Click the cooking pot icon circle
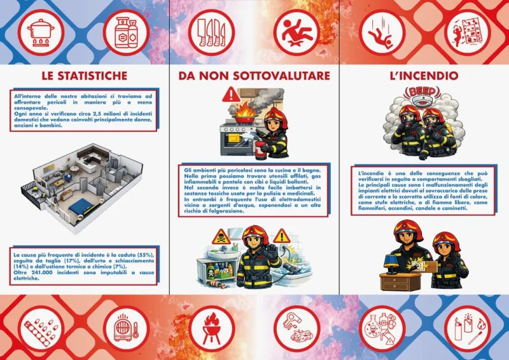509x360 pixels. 41,32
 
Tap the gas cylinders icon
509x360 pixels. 126,32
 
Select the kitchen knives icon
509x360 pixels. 211,32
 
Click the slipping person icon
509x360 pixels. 296,32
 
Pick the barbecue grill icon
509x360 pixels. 212,328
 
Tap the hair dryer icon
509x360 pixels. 297,328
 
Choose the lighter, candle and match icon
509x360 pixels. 468,328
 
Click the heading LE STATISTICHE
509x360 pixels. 85,76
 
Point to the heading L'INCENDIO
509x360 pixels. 424,76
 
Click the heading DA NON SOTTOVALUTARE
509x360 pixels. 254,76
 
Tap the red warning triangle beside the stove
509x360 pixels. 231,95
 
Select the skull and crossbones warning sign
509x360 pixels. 221,237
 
